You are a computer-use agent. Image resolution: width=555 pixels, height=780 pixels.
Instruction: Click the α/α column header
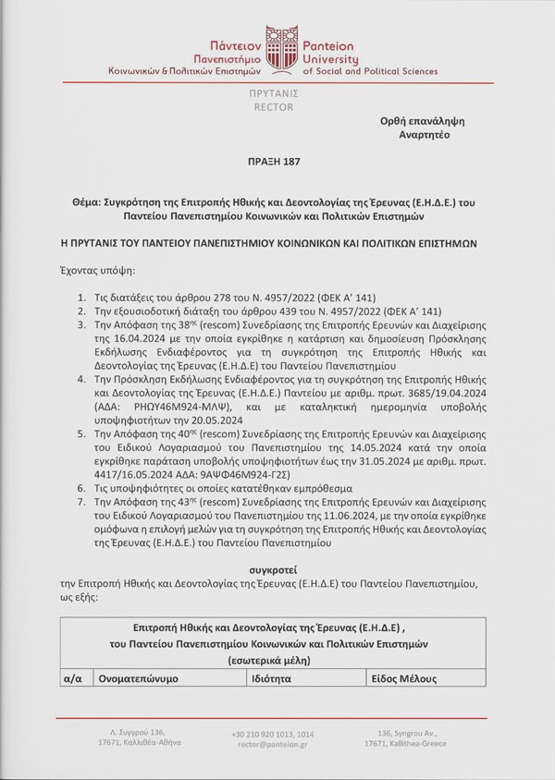[73, 678]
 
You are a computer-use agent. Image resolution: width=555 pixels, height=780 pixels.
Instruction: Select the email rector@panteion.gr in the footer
[273, 743]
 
